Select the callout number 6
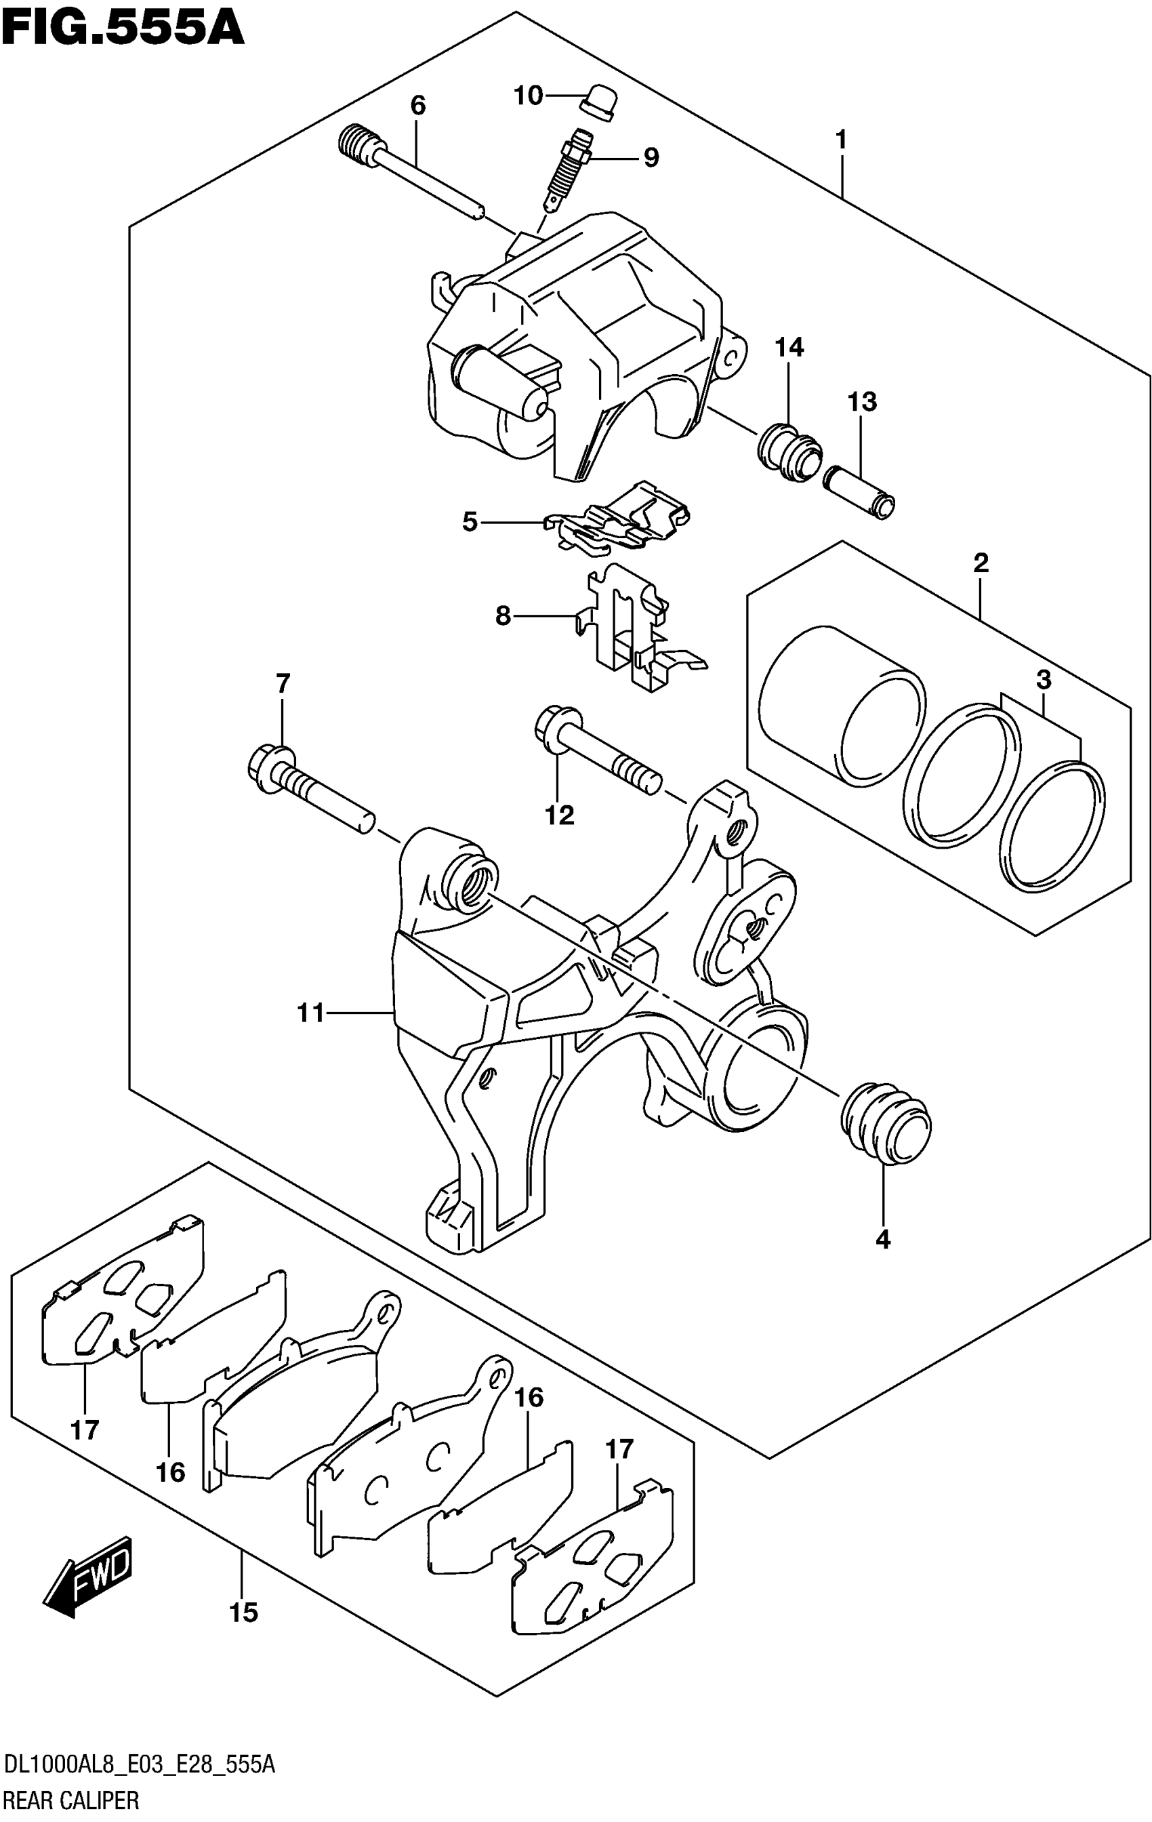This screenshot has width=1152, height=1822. (418, 105)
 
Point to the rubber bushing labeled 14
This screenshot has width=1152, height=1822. (788, 453)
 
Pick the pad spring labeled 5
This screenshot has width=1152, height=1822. (619, 517)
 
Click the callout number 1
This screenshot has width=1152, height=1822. (840, 140)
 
